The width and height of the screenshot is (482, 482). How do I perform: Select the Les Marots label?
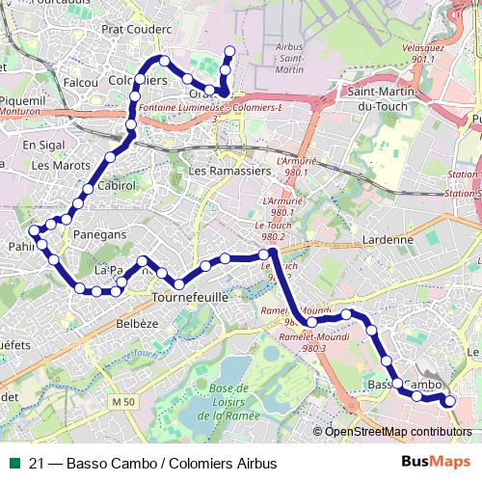coord(55,165)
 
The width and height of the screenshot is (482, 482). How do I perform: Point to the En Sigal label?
coord(42,145)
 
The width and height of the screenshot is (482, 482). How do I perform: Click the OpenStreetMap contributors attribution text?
coord(398,432)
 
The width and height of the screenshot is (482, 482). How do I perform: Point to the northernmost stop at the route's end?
coord(229,51)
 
